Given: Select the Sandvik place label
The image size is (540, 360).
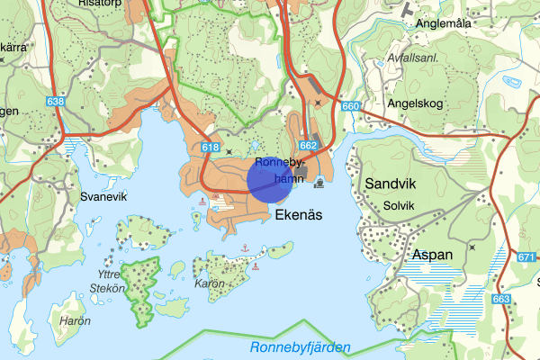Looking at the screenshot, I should point(393,184).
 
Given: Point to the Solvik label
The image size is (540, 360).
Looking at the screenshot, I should point(399,205).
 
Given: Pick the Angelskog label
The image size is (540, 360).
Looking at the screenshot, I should point(416,103).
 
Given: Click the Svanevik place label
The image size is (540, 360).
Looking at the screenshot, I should point(104,196).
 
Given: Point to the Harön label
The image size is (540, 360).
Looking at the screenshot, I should point(75,320).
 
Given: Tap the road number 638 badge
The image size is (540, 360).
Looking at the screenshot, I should point(56,103).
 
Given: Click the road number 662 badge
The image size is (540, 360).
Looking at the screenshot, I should point(308,144).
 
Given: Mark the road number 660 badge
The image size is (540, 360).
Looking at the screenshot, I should point(350,107).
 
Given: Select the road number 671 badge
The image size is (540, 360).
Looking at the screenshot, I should point(527,257).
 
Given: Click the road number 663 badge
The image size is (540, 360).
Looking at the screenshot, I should point(502,299).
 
